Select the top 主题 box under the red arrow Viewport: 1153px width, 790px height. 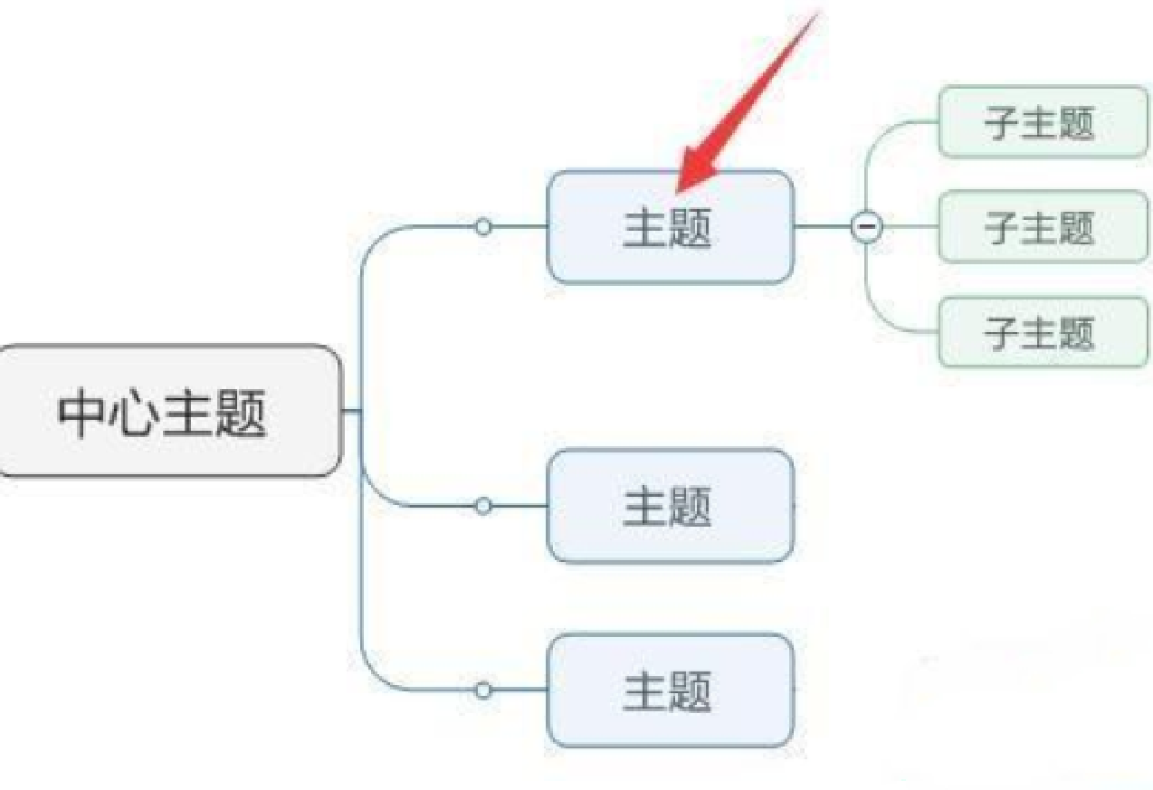pyautogui.click(x=670, y=227)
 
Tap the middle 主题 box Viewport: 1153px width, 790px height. pyautogui.click(x=670, y=506)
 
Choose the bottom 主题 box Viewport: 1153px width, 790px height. pyautogui.click(x=670, y=691)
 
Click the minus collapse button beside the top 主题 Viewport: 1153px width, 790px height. pyautogui.click(x=866, y=226)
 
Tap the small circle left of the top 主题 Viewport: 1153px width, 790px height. pyautogui.click(x=484, y=227)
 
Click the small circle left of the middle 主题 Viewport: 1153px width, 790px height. pyautogui.click(x=484, y=506)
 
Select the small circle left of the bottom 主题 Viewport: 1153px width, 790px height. pyautogui.click(x=484, y=691)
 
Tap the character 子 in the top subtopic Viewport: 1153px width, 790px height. pyautogui.click(x=1003, y=123)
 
